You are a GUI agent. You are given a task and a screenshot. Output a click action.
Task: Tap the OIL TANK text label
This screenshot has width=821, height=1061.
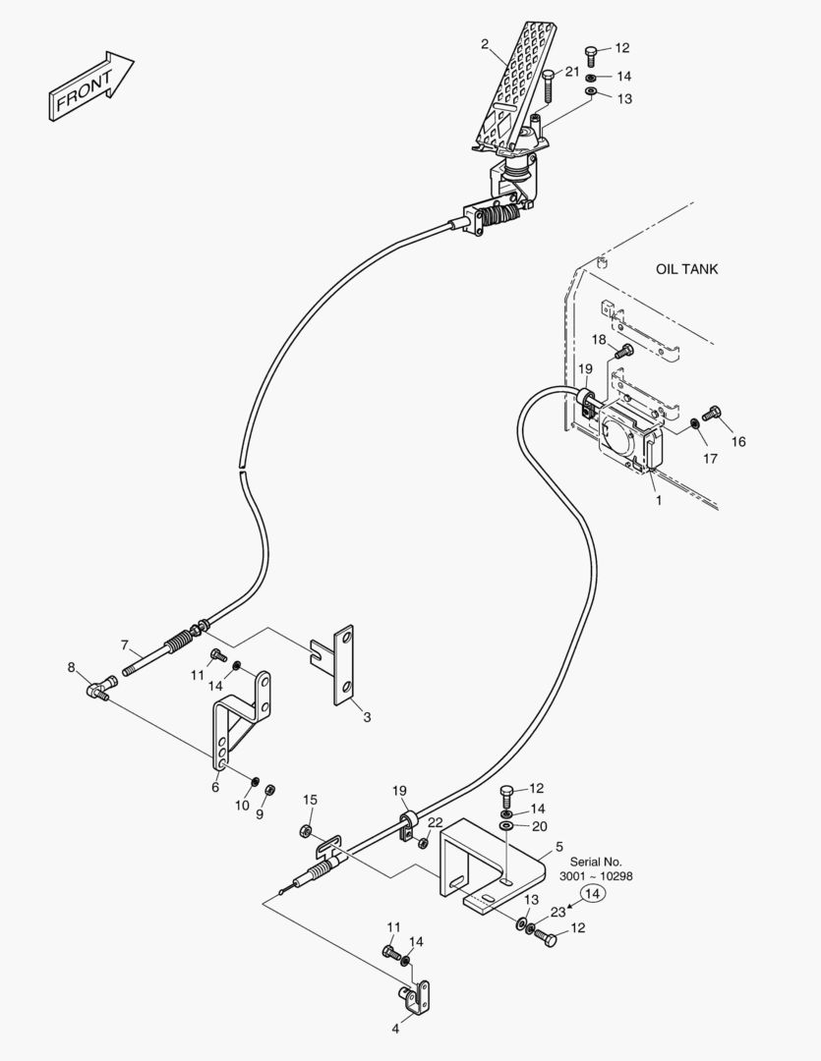(686, 269)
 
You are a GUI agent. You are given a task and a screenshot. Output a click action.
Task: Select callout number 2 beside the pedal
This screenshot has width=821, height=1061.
(485, 43)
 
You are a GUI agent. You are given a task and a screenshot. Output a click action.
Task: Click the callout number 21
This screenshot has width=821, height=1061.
(572, 71)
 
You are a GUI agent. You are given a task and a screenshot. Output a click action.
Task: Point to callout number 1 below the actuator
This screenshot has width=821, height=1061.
(658, 499)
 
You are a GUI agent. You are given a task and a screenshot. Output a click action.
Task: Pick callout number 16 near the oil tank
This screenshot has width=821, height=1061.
(737, 442)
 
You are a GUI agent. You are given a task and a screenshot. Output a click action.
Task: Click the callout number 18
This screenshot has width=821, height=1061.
(599, 339)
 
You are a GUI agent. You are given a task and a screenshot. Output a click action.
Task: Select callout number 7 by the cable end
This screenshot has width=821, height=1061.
(125, 645)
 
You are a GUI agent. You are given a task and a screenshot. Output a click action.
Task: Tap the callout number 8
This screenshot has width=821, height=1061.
(71, 668)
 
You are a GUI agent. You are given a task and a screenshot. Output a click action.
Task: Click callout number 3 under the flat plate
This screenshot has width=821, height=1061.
(367, 717)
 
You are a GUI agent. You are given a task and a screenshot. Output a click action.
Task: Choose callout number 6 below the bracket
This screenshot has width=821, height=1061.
(215, 786)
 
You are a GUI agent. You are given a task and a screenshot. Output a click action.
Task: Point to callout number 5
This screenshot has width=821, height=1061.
(558, 846)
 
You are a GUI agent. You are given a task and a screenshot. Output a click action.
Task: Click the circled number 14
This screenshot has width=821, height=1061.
(591, 893)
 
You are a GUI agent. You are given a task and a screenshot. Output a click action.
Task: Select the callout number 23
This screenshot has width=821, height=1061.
(557, 912)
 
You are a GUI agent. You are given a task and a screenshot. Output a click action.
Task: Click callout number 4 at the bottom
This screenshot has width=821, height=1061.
(395, 1030)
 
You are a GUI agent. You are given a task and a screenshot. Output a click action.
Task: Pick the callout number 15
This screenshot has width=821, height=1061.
(310, 800)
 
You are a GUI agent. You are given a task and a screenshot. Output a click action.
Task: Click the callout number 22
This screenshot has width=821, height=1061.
(435, 822)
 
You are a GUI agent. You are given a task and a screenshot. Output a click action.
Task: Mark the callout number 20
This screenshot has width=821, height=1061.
(539, 826)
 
